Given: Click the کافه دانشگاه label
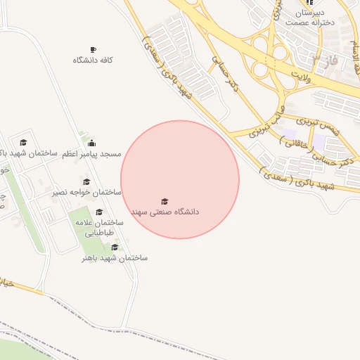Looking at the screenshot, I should coord(93,60).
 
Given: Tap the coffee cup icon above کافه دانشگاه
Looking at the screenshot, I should coord(93,50).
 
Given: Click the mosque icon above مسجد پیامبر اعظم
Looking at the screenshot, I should coord(91,143).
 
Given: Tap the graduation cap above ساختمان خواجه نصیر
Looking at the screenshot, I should coord(86,181).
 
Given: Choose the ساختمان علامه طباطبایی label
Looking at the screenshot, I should coord(100,227).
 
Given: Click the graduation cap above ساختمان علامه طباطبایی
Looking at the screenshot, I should coord(99,212).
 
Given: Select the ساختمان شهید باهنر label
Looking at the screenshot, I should coord(115,258).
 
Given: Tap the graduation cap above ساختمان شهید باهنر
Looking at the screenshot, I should coord(115,247).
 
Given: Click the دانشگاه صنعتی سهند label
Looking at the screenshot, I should coord(165,211).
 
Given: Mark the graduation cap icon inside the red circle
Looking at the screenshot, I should coord(165,201).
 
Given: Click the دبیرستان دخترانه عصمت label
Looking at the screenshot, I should coord(310,18).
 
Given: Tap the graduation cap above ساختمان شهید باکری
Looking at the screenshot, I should coord(23,143).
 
